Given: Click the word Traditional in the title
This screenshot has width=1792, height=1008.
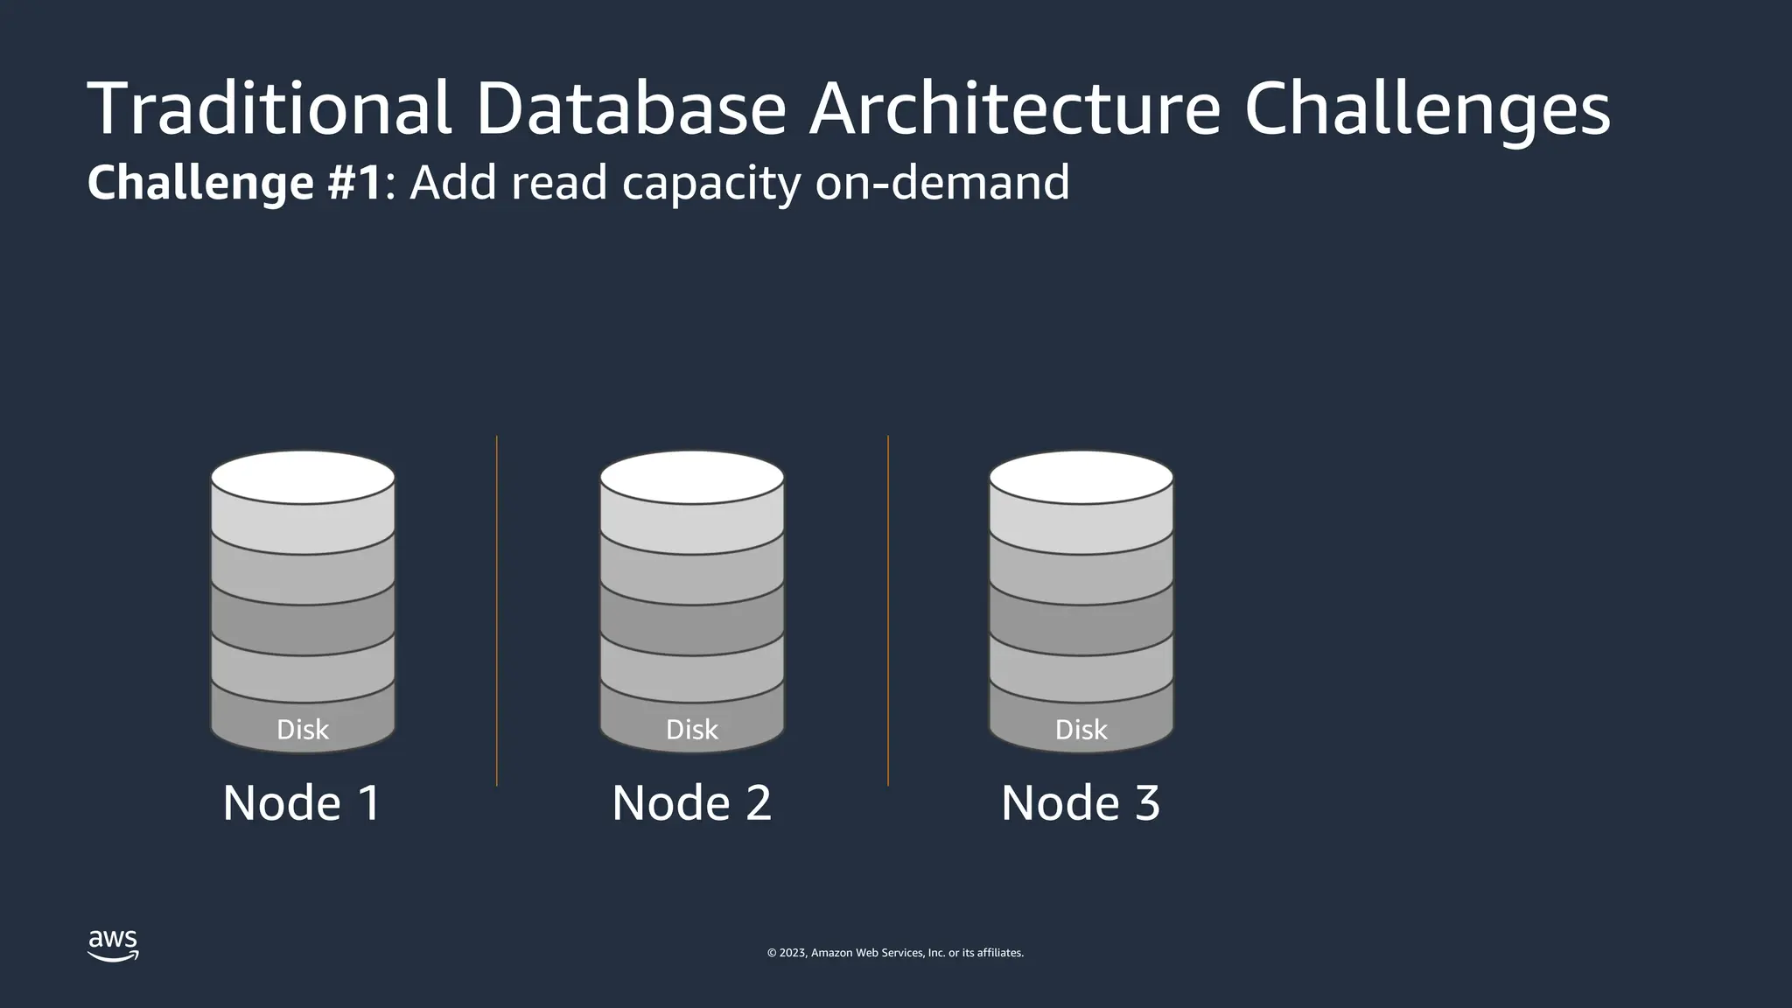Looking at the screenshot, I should tap(269, 108).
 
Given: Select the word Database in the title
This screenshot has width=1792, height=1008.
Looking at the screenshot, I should tap(631, 108).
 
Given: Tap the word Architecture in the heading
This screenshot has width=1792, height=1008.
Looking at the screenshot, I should tap(1014, 108).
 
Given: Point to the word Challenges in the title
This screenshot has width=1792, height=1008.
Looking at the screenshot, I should tap(1426, 108).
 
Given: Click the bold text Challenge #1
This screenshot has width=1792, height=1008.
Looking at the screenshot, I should tap(234, 183).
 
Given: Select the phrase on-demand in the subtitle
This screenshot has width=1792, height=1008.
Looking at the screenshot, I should tap(941, 183).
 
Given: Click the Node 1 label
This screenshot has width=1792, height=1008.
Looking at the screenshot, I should tap(302, 802).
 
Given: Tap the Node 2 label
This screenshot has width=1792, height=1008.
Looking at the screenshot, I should tap(691, 802).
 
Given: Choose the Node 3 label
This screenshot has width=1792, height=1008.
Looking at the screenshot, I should tap(1081, 802).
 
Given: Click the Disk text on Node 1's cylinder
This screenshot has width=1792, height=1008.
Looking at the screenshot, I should tap(303, 730).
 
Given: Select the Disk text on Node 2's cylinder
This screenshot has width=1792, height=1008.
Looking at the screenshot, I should tap(692, 730).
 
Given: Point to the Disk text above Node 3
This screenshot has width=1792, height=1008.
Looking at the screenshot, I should tap(1081, 730).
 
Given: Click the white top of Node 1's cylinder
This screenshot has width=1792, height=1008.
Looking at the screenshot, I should tap(303, 478).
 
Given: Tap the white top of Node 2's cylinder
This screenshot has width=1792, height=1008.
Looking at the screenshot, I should tap(692, 478).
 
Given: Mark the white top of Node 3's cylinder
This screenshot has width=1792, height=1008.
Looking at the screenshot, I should tap(1081, 478).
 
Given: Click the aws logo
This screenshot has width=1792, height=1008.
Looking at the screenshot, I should tap(113, 945).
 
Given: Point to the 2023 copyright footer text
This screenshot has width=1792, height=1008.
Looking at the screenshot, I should tap(895, 953).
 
